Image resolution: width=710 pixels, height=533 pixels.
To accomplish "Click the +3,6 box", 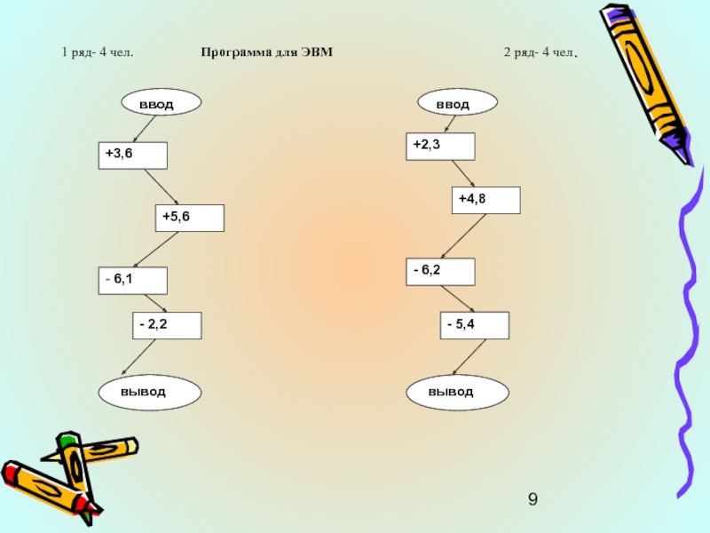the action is tap(132, 155).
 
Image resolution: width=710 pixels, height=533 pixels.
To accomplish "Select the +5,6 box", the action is tap(188, 218).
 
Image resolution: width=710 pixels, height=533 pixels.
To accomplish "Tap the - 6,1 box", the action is tap(132, 281).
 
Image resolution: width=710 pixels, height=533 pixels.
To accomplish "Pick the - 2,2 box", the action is tap(167, 325).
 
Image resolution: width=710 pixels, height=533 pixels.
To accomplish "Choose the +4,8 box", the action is tap(485, 201).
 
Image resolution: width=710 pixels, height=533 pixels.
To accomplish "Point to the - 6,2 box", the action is tap(440, 272).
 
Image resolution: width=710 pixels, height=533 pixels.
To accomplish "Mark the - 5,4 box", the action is tap(476, 325).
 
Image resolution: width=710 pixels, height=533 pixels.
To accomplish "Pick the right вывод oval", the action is tap(457, 391).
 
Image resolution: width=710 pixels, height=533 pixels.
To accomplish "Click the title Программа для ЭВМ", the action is tap(266, 52).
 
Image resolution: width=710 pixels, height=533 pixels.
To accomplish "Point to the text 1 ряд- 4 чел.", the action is tap(98, 52).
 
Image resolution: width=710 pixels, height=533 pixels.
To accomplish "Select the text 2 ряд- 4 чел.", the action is tap(540, 52).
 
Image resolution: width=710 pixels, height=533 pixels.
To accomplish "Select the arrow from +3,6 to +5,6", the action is tap(162, 187).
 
